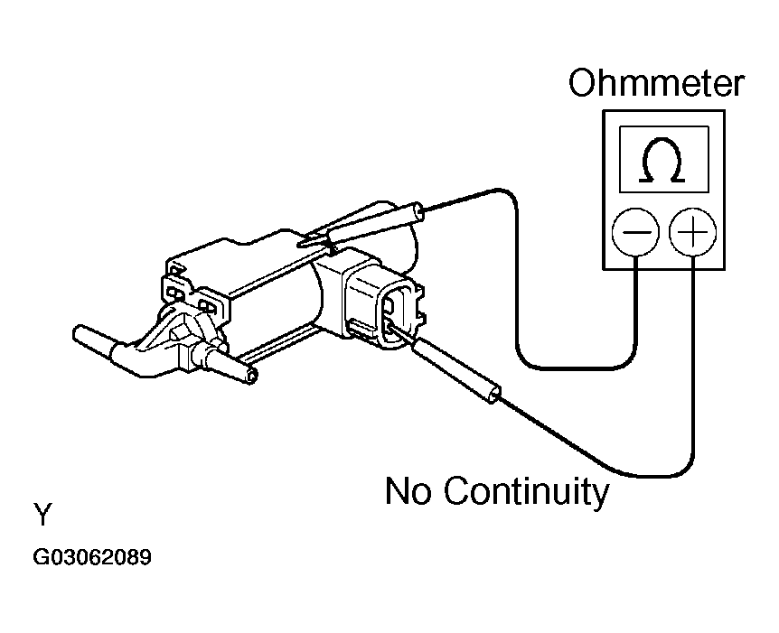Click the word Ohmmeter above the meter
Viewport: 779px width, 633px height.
[656, 84]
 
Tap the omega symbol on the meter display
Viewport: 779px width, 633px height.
[662, 161]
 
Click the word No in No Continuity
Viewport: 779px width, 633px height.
[411, 492]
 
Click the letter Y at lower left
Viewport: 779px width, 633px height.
[43, 516]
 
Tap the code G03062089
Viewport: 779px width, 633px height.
[92, 557]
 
